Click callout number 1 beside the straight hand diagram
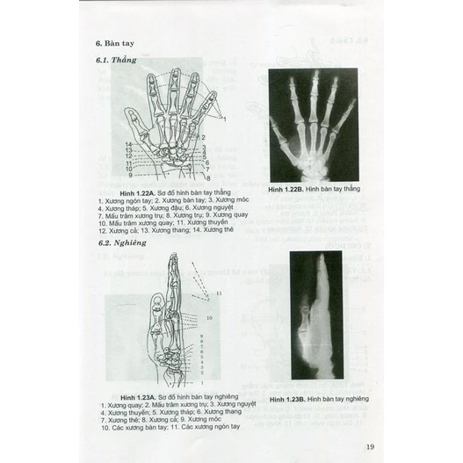(x=224, y=118)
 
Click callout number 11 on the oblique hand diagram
(x=219, y=291)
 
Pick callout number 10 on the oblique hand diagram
(x=207, y=318)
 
